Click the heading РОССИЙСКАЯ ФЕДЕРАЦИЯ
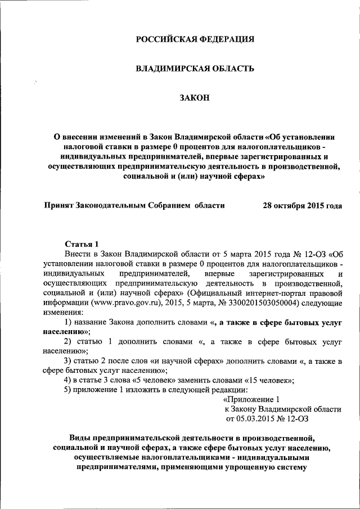[x=195, y=39]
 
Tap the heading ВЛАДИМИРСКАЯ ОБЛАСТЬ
[x=195, y=69]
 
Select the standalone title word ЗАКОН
[x=195, y=98]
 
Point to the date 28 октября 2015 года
[x=302, y=205]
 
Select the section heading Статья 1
[x=82, y=244]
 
